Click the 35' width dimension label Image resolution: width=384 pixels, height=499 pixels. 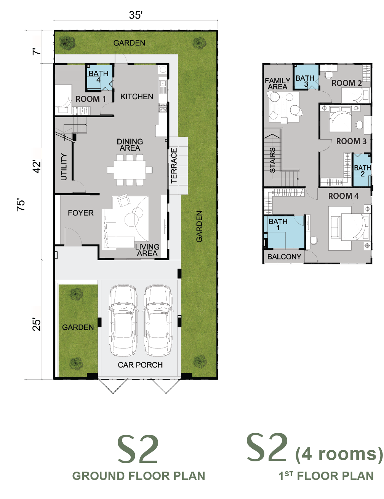[x=136, y=15]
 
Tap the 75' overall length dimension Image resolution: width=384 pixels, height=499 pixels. [x=21, y=205]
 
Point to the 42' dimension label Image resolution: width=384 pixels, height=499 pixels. [x=37, y=166]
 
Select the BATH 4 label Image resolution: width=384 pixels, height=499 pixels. [x=98, y=76]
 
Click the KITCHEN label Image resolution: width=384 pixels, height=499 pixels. [x=137, y=97]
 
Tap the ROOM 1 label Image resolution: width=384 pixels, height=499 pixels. [x=91, y=99]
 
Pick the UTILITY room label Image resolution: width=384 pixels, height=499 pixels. [x=64, y=167]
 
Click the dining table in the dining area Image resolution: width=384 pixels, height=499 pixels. [x=130, y=170]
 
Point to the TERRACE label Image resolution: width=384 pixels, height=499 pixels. [x=174, y=165]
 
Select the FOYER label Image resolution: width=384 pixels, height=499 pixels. [x=81, y=213]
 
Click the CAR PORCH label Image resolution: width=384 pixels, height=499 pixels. [x=140, y=365]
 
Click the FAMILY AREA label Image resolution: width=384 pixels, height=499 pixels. [x=278, y=84]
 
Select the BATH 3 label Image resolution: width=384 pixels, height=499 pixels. [x=305, y=81]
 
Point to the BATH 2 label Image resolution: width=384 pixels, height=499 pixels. [x=362, y=171]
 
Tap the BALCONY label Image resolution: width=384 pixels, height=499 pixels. [x=284, y=256]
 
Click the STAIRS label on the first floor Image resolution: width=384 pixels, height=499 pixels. [x=272, y=160]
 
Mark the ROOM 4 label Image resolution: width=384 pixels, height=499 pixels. [x=343, y=196]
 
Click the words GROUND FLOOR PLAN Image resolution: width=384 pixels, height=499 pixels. [x=139, y=476]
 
